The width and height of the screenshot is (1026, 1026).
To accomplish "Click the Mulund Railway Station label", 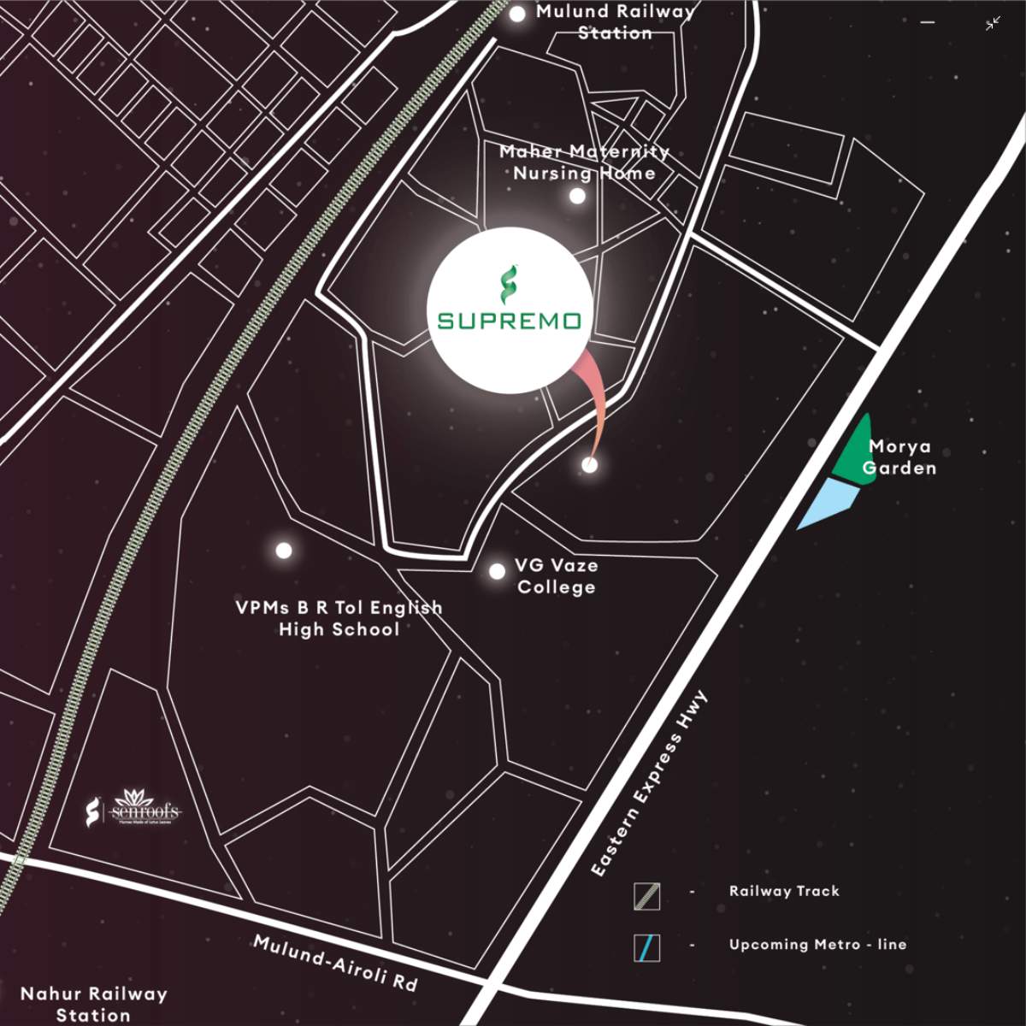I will coord(615,22).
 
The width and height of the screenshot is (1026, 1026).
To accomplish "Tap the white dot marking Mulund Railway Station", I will coord(517,14).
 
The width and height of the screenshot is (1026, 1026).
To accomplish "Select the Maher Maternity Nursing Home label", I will coord(584,162).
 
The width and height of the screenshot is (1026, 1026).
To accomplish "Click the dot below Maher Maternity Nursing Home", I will coord(577,196).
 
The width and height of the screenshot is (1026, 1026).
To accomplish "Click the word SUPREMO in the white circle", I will coord(510,321).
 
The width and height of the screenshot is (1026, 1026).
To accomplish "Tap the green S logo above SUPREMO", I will coord(509,286).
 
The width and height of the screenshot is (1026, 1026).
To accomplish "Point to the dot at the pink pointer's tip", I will coord(589,464).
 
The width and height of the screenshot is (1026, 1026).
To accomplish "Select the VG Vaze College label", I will coord(556,576).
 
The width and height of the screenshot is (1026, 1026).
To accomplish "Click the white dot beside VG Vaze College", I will coord(497,571).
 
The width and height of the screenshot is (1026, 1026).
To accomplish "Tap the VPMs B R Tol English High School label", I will coord(339,618).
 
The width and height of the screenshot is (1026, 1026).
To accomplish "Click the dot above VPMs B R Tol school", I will coord(283,550).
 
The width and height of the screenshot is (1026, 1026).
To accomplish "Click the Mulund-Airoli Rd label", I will coord(335,963).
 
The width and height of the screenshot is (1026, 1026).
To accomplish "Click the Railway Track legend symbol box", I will coord(647,896).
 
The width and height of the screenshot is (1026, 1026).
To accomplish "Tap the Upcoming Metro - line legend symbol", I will coord(647,948).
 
